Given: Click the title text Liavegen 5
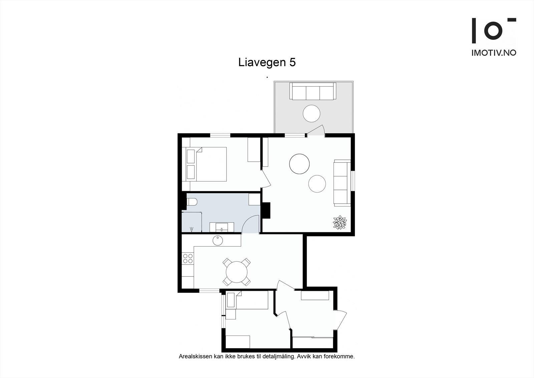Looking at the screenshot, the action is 267,62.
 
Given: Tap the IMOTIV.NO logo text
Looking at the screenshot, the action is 494,53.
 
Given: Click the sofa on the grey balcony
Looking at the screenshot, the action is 313,91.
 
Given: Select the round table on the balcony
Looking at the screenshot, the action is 311,113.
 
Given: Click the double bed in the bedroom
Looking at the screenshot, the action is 204,164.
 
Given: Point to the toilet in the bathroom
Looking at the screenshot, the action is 192,202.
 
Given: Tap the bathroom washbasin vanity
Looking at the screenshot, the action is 222,227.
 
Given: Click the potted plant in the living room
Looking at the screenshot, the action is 339,222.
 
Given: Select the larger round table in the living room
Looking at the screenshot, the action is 299,164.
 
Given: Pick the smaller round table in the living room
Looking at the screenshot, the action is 317,183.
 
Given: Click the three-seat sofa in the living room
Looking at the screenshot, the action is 342,183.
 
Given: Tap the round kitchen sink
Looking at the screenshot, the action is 218,240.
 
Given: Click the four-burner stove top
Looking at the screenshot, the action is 188,258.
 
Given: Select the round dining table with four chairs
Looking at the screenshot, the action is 237,272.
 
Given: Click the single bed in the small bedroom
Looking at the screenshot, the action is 247,300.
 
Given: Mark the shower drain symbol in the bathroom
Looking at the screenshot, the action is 192,230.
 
